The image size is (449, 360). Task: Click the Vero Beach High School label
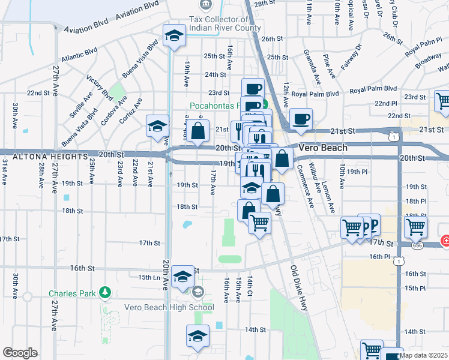[x=169, y=308]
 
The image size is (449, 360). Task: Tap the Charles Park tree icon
[x=106, y=292]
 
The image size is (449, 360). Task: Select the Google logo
[x=20, y=353]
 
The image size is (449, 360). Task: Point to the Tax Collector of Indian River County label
[x=224, y=23]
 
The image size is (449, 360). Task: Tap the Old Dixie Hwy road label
[x=302, y=287]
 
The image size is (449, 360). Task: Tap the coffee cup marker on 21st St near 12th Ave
[x=301, y=118]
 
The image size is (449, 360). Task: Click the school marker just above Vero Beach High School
[x=182, y=277]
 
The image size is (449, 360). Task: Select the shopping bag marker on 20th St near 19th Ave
[x=197, y=131]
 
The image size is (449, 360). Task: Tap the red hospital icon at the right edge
[x=445, y=241]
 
